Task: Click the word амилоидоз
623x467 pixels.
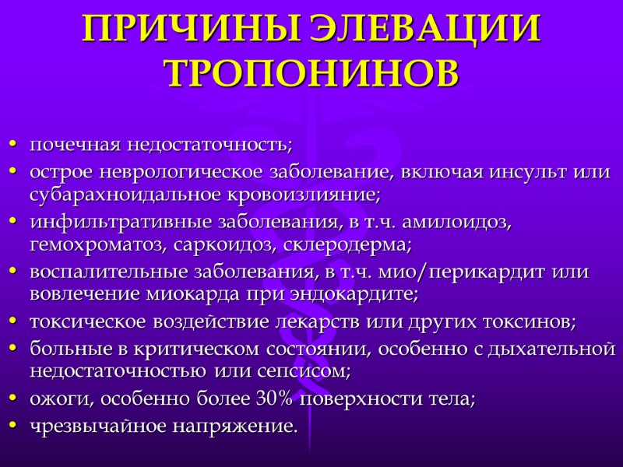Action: click(x=463, y=222)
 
